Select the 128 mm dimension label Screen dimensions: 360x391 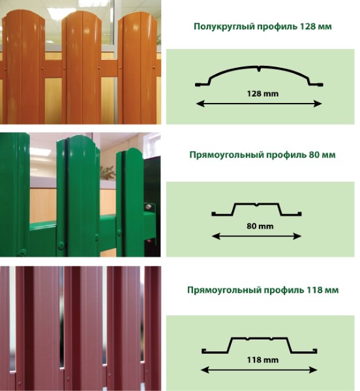[x=262, y=94]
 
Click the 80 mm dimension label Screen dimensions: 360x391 [x=260, y=226]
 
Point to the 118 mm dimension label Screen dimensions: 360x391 [x=262, y=360]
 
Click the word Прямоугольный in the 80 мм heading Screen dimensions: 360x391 [x=226, y=155]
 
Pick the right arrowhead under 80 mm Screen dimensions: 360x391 [x=297, y=236]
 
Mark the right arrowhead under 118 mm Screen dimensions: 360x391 [x=313, y=369]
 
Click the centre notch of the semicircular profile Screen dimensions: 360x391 [x=259, y=69]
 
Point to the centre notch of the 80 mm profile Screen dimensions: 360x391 [x=257, y=205]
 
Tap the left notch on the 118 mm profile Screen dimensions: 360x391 [x=247, y=339]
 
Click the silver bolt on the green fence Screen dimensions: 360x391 [x=149, y=207]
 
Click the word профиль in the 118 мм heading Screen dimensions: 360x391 [x=283, y=291]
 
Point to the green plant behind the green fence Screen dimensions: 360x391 [x=107, y=173]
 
